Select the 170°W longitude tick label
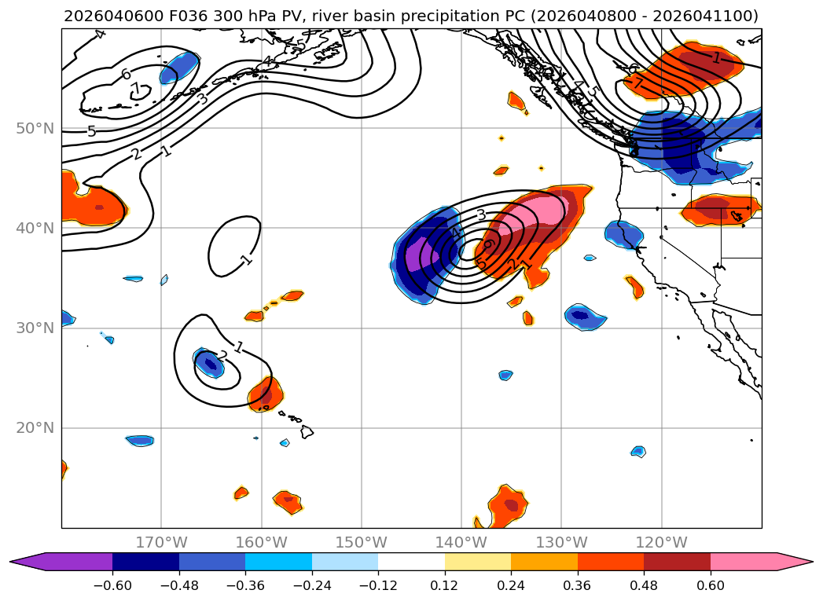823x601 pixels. [161, 542]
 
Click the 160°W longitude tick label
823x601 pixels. [261, 542]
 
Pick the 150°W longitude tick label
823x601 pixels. [362, 542]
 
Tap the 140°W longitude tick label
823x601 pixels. [461, 542]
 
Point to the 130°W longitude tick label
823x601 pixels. [561, 542]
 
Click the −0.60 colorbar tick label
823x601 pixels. [112, 583]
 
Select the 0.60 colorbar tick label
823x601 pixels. [711, 583]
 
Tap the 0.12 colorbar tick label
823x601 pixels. [445, 583]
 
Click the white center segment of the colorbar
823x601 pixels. [411, 562]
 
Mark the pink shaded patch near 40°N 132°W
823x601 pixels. [538, 211]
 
